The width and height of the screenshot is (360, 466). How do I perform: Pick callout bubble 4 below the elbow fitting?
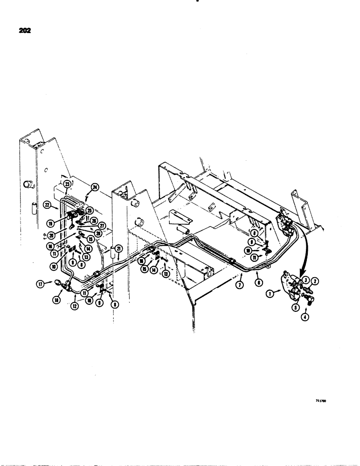(307, 317)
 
